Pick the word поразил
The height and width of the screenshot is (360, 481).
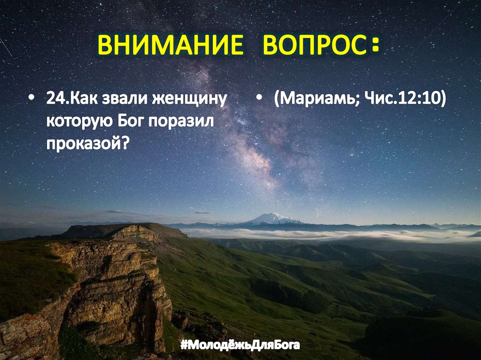(181, 121)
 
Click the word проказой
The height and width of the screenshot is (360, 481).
(84, 142)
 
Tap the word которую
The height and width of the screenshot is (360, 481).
(78, 121)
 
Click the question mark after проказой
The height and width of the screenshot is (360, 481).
(125, 142)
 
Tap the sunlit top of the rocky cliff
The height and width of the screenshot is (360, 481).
(134, 231)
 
